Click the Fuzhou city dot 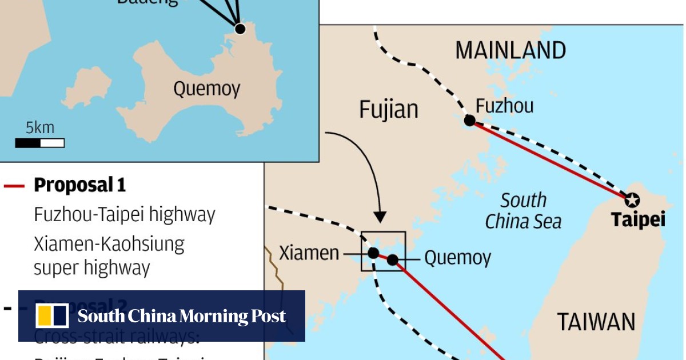(x=469, y=120)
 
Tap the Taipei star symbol (x=632, y=200)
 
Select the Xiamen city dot (x=373, y=253)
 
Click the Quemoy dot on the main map (x=392, y=260)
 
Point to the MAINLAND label (x=510, y=51)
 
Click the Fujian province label (x=389, y=109)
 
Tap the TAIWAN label (x=596, y=322)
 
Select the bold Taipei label (x=638, y=220)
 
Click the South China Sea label (x=523, y=211)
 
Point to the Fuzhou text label (x=505, y=106)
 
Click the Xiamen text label (x=309, y=253)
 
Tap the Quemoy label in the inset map (x=207, y=89)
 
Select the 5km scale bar (x=39, y=143)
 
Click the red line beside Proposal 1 (x=14, y=186)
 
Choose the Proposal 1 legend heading (x=79, y=185)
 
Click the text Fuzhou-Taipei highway (x=125, y=215)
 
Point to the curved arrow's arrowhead (x=380, y=217)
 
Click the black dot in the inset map (x=240, y=29)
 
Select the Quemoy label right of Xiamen (x=457, y=258)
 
